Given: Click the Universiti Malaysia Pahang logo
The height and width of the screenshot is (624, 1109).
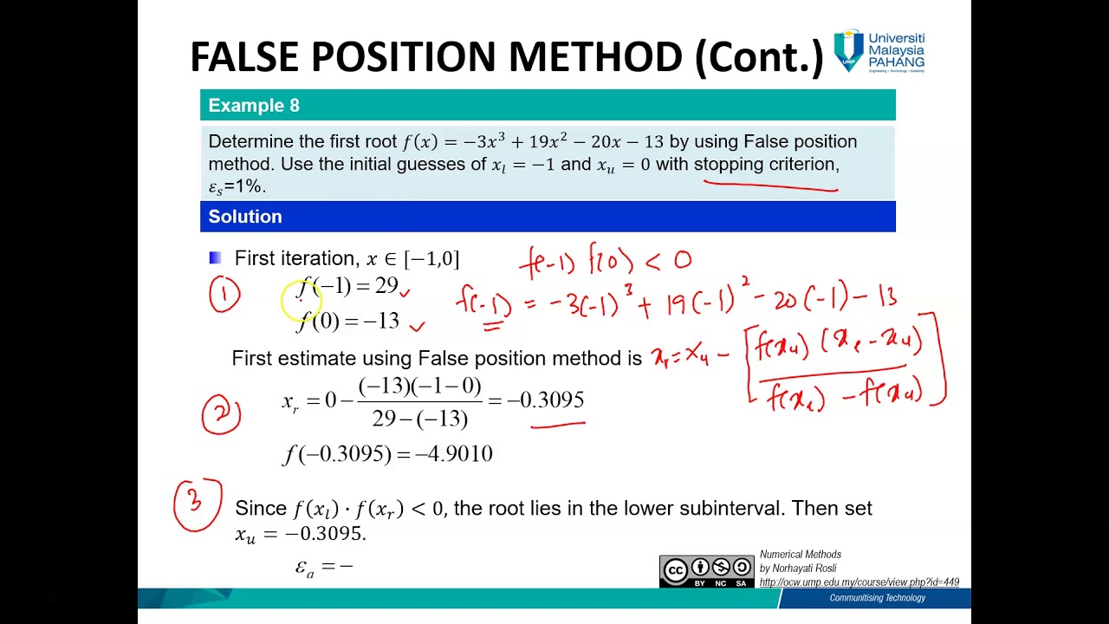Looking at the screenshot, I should [x=879, y=51].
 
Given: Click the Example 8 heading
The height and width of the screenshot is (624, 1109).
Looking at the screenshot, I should [x=254, y=106].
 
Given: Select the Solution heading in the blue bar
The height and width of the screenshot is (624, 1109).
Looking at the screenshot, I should [x=245, y=217].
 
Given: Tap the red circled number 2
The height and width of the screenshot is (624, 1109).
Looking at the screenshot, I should [x=221, y=413].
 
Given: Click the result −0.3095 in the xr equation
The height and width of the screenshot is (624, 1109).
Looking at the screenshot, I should [x=546, y=400].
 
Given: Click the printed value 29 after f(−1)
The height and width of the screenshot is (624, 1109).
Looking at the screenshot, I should [x=386, y=286].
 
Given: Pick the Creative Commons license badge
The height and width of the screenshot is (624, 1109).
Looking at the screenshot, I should [x=706, y=571].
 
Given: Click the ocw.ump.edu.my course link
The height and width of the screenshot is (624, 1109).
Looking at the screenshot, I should [x=859, y=582].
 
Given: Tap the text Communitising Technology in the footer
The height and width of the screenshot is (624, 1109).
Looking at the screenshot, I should [x=877, y=598].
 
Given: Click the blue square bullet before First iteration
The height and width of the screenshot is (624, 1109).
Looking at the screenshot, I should [x=216, y=258].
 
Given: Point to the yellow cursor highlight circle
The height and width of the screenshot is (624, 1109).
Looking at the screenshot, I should [x=300, y=300].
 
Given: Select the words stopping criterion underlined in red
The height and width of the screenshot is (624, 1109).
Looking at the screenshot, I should [x=766, y=165].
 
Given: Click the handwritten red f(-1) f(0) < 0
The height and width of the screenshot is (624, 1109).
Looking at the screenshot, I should [x=605, y=260].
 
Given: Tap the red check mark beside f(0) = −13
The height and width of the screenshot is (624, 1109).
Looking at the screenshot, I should [x=417, y=326].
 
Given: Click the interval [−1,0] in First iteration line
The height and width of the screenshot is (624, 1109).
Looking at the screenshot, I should [x=431, y=258].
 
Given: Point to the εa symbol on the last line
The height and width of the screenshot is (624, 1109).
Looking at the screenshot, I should [x=304, y=568].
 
